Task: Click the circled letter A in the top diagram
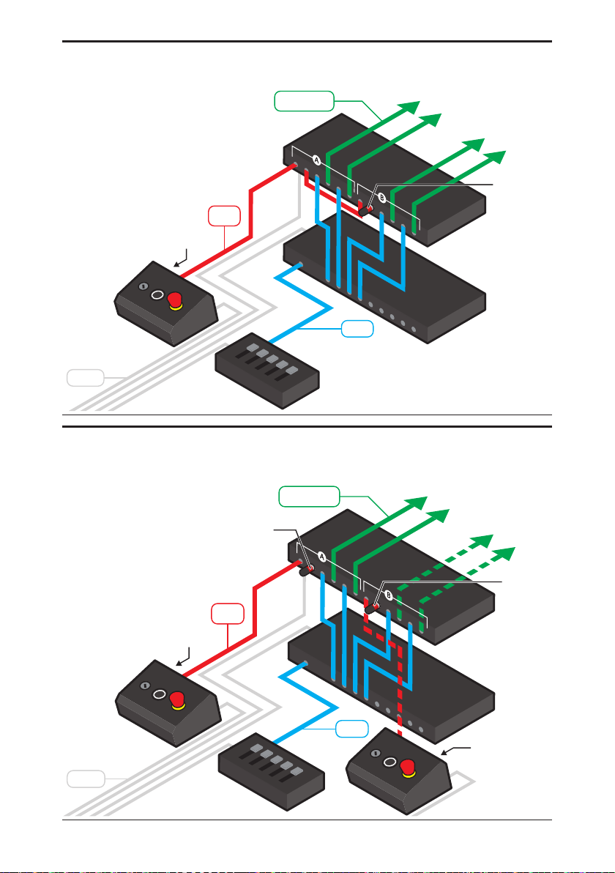pyautogui.click(x=317, y=160)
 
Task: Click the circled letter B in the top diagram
pyautogui.click(x=381, y=198)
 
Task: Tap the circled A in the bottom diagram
pyautogui.click(x=322, y=555)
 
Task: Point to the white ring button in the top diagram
pyautogui.click(x=157, y=294)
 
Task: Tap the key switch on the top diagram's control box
pyautogui.click(x=143, y=286)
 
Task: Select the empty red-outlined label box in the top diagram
pyautogui.click(x=223, y=218)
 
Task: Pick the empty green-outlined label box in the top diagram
pyautogui.click(x=305, y=101)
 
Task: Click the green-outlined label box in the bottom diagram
pyautogui.click(x=310, y=497)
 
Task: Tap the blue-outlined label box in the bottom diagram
pyautogui.click(x=353, y=729)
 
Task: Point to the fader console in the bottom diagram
pyautogui.click(x=272, y=770)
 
